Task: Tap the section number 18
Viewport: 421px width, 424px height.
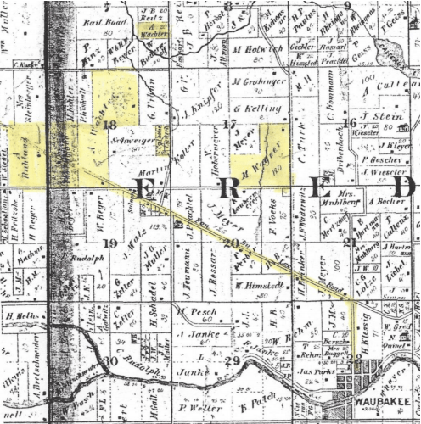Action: click(x=113, y=125)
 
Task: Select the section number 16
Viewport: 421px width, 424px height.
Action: click(x=350, y=124)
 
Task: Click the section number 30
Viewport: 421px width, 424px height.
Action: click(x=108, y=363)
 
